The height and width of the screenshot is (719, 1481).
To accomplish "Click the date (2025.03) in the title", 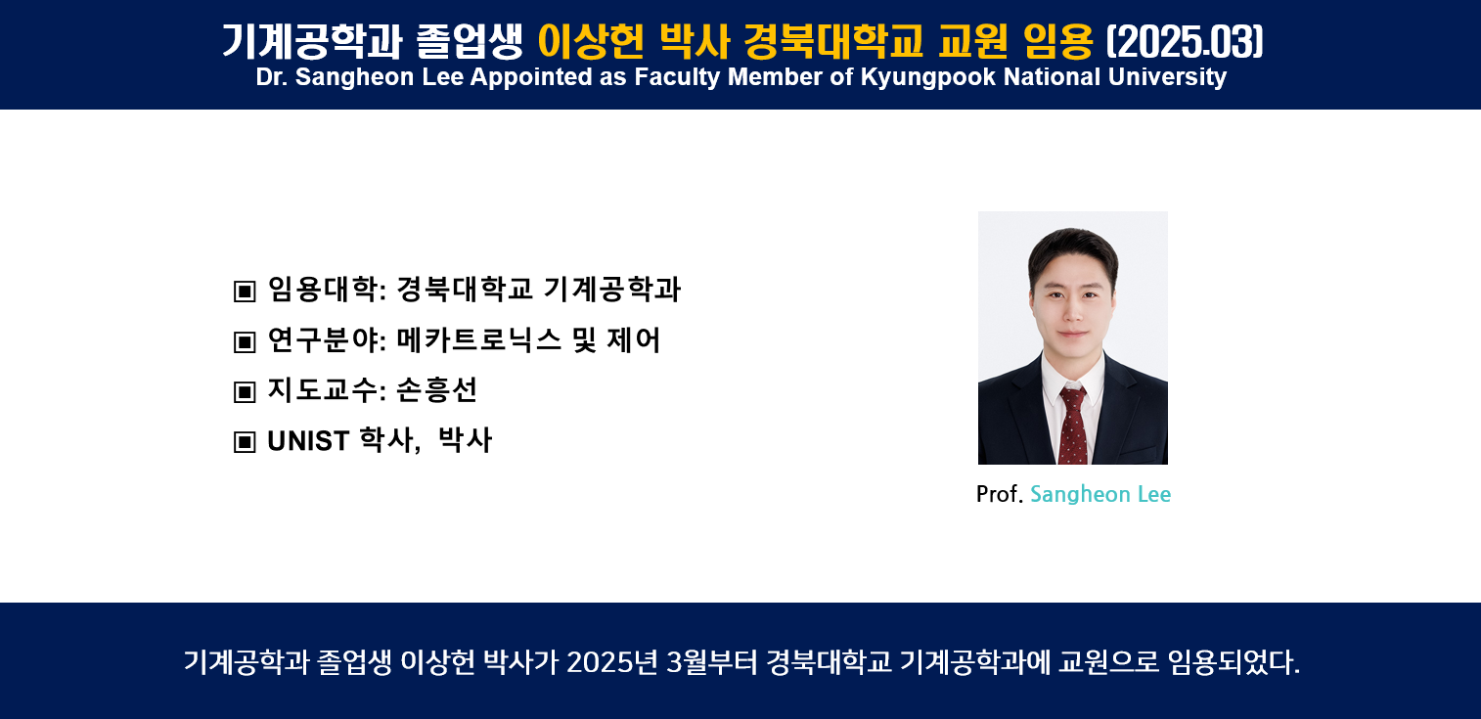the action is [1185, 41].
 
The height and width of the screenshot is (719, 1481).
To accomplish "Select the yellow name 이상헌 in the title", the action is [591, 41].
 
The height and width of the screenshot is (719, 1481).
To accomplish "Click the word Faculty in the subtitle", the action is [677, 77].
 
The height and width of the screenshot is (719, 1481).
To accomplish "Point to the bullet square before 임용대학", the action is [245, 292].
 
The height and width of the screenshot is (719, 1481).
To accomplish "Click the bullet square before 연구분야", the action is [245, 342].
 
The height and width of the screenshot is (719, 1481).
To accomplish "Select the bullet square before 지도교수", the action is [245, 391].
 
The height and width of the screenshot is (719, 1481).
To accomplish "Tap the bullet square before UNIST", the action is [245, 442].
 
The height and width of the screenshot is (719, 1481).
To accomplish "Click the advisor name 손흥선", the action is [436, 389].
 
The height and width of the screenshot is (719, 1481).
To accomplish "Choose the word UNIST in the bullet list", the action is [308, 441].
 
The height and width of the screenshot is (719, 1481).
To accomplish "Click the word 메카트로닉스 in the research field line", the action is [478, 340].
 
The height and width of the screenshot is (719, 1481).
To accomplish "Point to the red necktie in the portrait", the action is [1073, 425].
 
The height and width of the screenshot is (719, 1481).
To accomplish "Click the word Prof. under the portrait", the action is [1000, 494].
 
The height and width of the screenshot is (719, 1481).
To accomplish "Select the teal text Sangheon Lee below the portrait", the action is [1100, 494].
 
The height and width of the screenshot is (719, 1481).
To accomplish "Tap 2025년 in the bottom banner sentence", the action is [612, 662].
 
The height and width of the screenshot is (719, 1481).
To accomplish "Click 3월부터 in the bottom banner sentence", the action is [711, 662].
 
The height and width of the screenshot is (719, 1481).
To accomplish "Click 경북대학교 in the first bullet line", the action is [464, 289].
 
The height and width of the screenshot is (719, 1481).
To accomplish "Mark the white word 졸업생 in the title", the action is [470, 41].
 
